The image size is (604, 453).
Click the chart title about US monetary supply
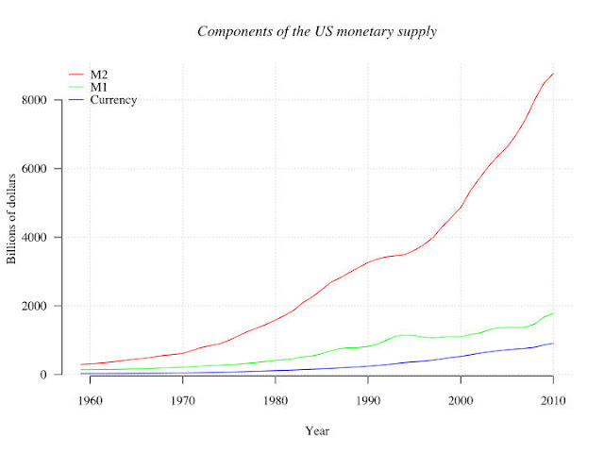tap(317, 31)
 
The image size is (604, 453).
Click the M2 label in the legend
tap(99, 75)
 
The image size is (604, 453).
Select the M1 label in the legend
tap(98, 87)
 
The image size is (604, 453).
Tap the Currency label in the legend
tap(113, 100)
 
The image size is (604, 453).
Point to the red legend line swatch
tap(76, 75)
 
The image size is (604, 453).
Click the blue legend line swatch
tap(76, 100)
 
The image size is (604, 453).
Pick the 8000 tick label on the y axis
tap(34, 100)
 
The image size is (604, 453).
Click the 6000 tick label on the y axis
tap(34, 169)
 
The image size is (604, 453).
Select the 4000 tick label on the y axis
tap(34, 237)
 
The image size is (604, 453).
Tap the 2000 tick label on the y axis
tap(34, 306)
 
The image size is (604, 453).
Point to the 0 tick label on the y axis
tap(43, 375)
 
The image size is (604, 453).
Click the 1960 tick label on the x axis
tap(91, 400)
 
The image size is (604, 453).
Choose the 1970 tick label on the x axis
tap(183, 400)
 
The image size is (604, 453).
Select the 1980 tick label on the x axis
tap(276, 400)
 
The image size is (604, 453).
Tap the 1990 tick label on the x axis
tap(368, 400)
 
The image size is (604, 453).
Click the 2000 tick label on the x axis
tap(461, 400)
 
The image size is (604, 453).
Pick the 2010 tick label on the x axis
tap(553, 400)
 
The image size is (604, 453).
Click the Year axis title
tap(317, 430)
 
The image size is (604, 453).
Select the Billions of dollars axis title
tap(11, 219)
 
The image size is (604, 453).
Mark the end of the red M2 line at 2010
tap(554, 73)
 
